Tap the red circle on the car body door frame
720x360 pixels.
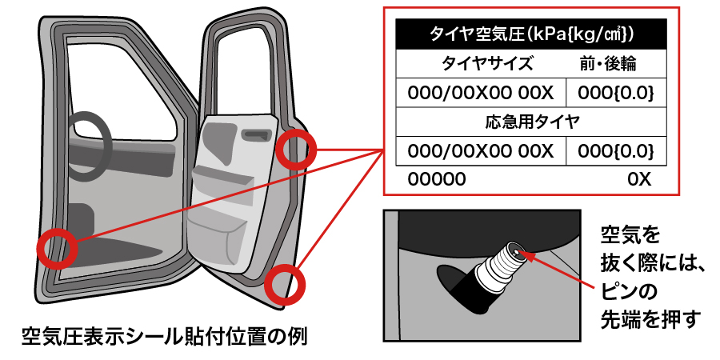[x=57, y=249]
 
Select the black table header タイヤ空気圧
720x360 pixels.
[x=532, y=34]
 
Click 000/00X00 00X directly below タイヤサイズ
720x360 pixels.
[x=480, y=92]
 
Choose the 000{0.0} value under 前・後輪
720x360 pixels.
[x=616, y=92]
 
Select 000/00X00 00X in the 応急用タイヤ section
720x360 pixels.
[x=480, y=150]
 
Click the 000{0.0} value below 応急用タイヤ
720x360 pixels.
[x=616, y=150]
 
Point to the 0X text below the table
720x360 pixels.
[x=640, y=179]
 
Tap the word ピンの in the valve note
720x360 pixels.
[x=630, y=289]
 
